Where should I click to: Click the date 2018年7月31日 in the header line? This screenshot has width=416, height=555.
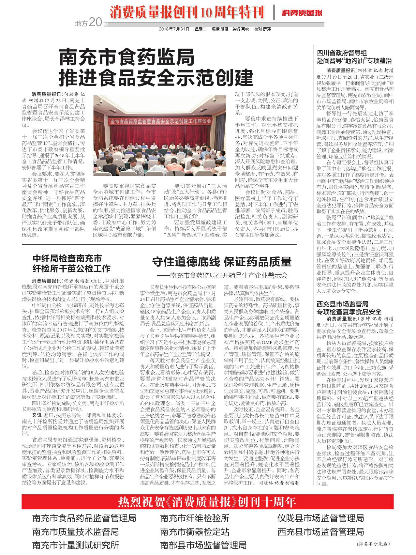[174, 29]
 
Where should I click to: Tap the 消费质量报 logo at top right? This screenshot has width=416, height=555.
[302, 13]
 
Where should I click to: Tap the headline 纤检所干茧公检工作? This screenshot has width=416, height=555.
[71, 269]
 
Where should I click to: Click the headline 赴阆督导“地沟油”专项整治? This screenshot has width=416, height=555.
[354, 60]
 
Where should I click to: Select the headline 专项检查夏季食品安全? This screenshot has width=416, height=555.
[349, 311]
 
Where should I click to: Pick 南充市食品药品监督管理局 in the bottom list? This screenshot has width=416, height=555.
[84, 518]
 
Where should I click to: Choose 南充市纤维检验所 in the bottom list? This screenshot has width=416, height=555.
[195, 518]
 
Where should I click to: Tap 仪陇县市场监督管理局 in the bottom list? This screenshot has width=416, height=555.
[321, 518]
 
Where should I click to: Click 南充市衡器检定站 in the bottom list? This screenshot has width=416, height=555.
[195, 532]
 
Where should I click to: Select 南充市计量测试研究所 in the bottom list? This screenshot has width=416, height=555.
[75, 545]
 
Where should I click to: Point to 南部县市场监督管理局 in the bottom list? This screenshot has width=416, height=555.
[203, 545]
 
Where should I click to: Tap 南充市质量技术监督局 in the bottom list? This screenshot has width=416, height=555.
[75, 532]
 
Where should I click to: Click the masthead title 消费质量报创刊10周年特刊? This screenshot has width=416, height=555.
[187, 13]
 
